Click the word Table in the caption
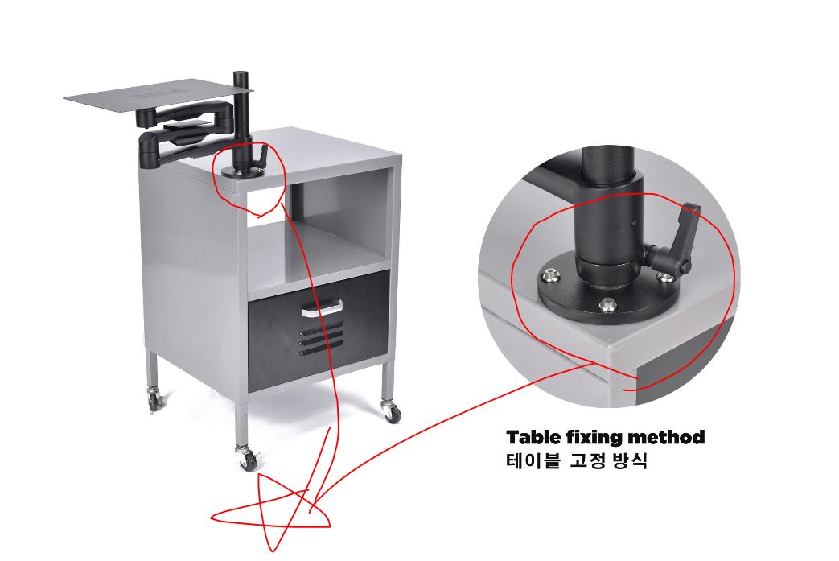(533, 437)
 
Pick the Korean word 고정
(587, 460)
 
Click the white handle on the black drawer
(322, 309)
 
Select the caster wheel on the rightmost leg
(393, 411)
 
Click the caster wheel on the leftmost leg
(154, 399)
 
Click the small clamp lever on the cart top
(261, 157)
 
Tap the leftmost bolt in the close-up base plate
(549, 276)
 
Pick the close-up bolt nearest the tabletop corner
(607, 306)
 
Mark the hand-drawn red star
(270, 512)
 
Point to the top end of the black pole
(243, 72)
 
